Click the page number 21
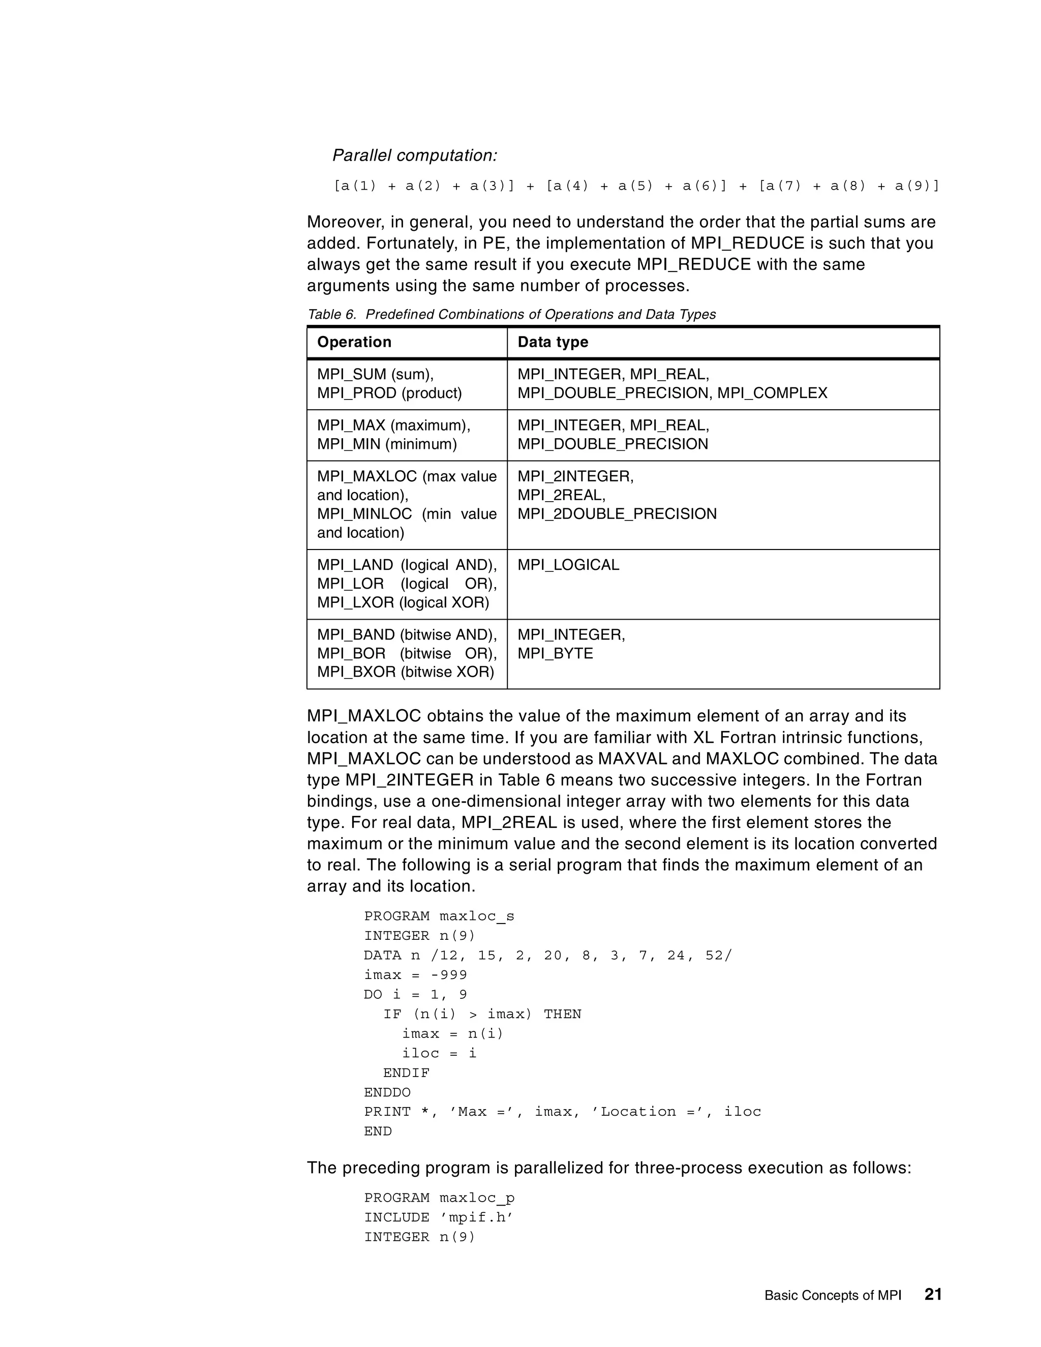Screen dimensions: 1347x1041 click(x=932, y=1293)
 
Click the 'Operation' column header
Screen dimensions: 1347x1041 click(x=354, y=342)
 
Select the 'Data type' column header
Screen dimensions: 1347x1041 click(x=553, y=342)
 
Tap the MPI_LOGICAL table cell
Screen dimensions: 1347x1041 click(x=568, y=565)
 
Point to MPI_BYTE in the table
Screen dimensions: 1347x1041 click(x=555, y=653)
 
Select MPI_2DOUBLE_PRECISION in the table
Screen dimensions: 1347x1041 click(x=617, y=514)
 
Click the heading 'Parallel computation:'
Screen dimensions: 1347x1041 click(x=414, y=156)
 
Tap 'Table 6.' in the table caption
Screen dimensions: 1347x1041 click(x=332, y=315)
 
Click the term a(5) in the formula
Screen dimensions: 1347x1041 click(x=635, y=186)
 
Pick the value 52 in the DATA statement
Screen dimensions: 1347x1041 click(x=714, y=956)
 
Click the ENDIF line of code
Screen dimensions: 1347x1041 click(x=407, y=1073)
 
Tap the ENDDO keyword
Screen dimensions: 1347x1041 click(x=387, y=1092)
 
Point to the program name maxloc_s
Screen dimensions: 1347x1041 click(x=477, y=916)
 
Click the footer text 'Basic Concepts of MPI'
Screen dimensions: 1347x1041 click(x=833, y=1295)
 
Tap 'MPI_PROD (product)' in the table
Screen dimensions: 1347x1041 click(x=389, y=393)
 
